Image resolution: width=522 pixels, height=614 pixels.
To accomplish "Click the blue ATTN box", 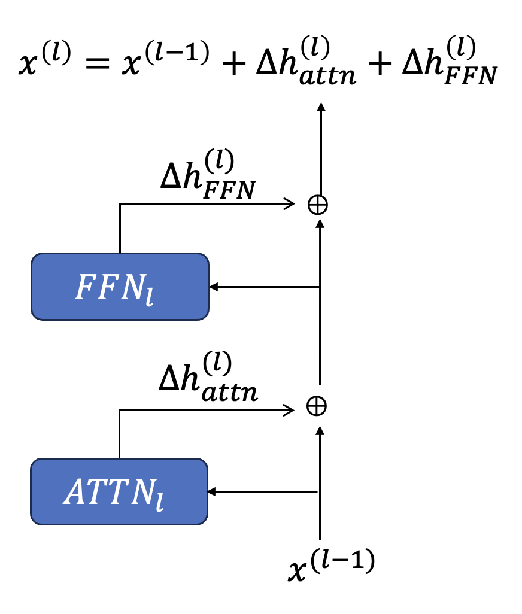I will tap(119, 491).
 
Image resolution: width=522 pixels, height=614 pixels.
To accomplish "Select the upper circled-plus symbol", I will tap(318, 205).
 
